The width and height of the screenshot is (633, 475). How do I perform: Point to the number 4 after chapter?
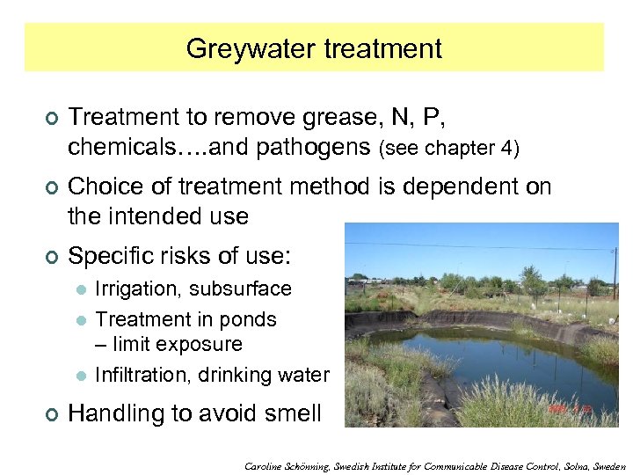click(x=513, y=148)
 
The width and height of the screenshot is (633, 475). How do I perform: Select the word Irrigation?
click(x=138, y=289)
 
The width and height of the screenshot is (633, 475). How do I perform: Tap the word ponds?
click(x=251, y=319)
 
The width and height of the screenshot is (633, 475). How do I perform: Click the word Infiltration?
click(x=142, y=375)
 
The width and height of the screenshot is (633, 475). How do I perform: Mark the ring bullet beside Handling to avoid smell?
click(x=51, y=414)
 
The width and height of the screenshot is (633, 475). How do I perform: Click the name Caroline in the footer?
click(x=267, y=466)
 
